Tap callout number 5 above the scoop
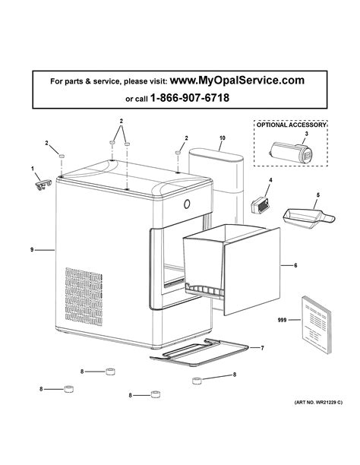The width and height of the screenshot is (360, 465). click(318, 195)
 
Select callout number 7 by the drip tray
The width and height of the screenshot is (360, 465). click(262, 347)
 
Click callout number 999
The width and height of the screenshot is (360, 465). click(283, 321)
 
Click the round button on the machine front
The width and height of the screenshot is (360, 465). click(188, 204)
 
